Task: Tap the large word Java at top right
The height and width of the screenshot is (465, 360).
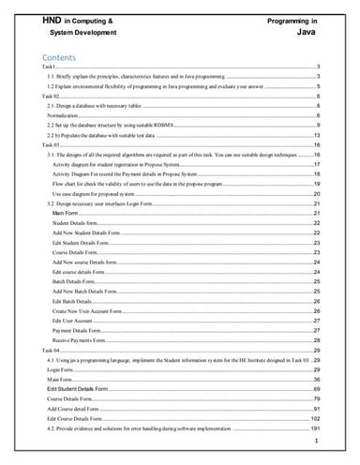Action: (305, 32)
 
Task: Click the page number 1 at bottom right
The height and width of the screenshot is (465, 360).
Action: (318, 440)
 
